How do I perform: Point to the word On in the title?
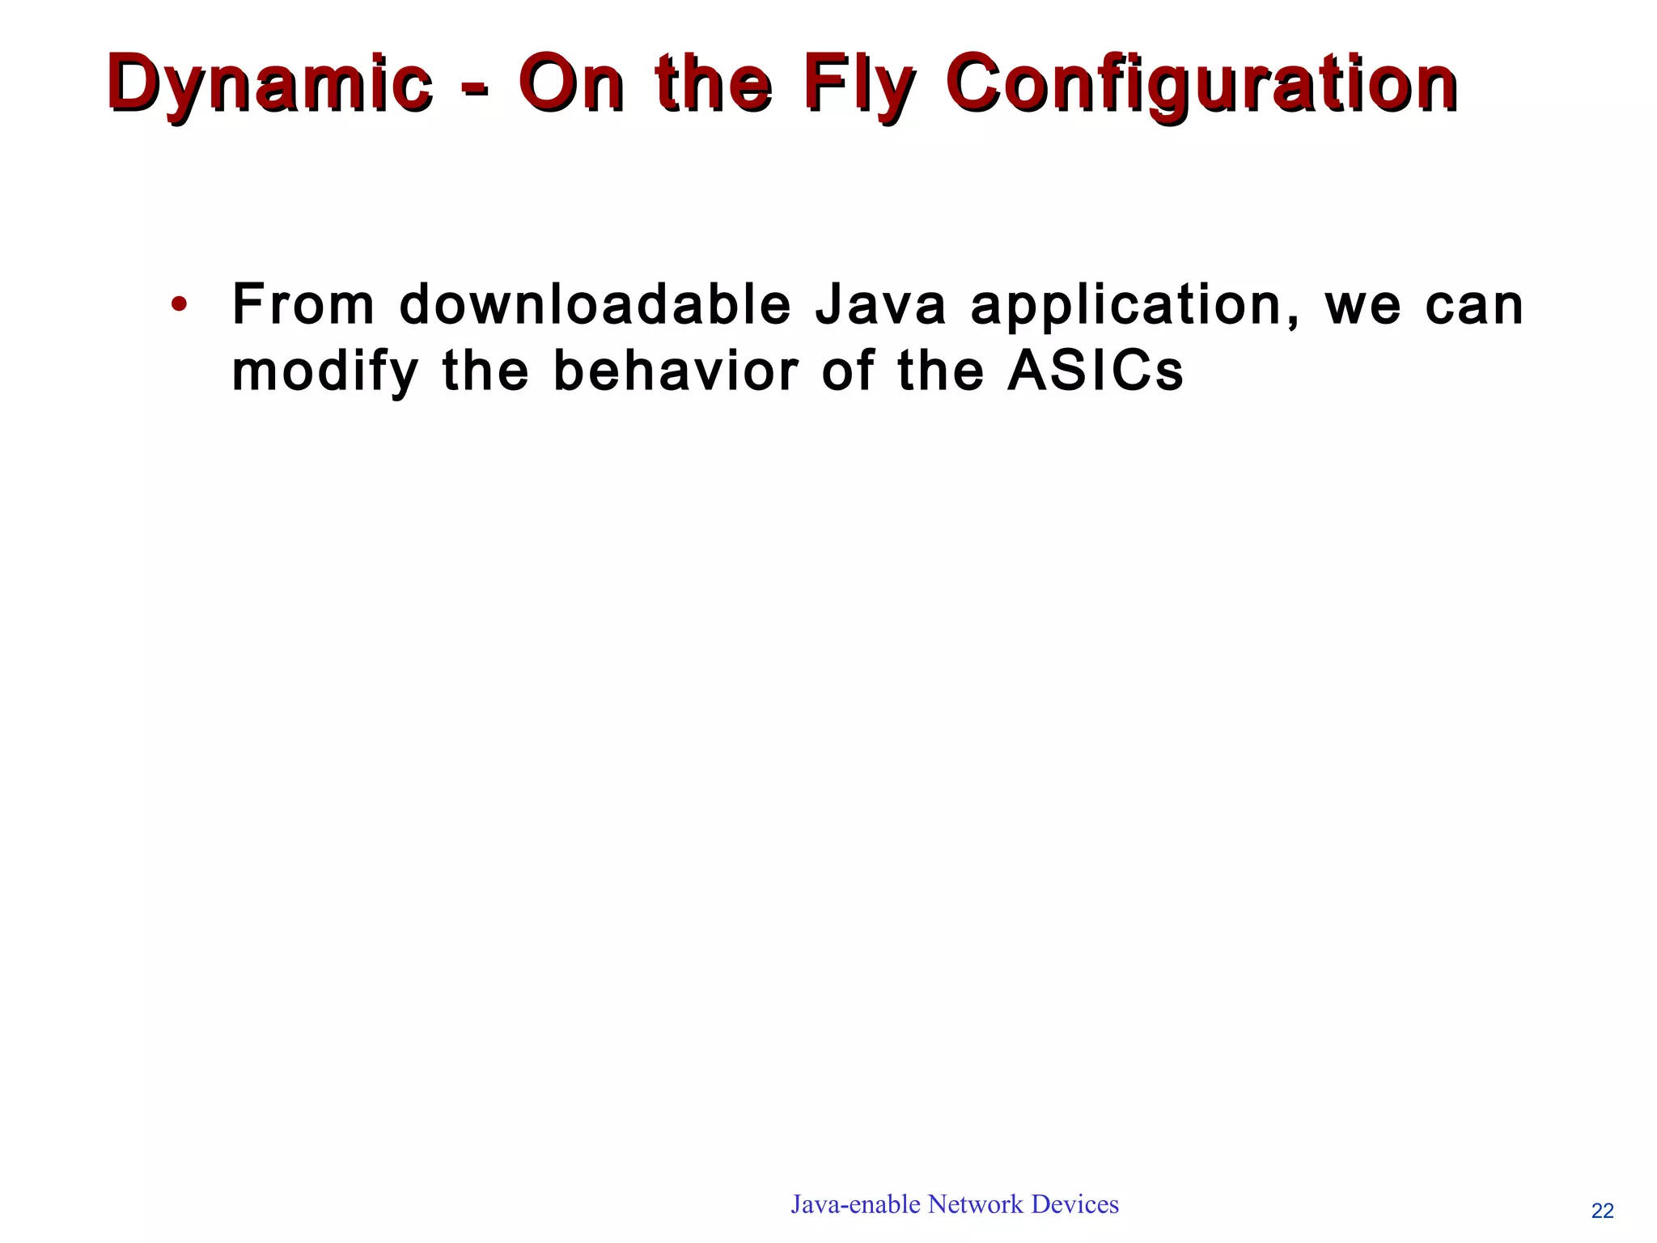(571, 83)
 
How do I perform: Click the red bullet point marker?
(179, 306)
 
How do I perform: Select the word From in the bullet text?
(303, 305)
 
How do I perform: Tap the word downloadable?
(595, 305)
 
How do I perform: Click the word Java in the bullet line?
(880, 305)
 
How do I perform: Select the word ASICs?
(1095, 371)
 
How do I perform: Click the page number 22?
(1602, 1211)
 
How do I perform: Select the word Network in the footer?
(975, 1204)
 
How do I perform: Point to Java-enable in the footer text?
(856, 1204)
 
